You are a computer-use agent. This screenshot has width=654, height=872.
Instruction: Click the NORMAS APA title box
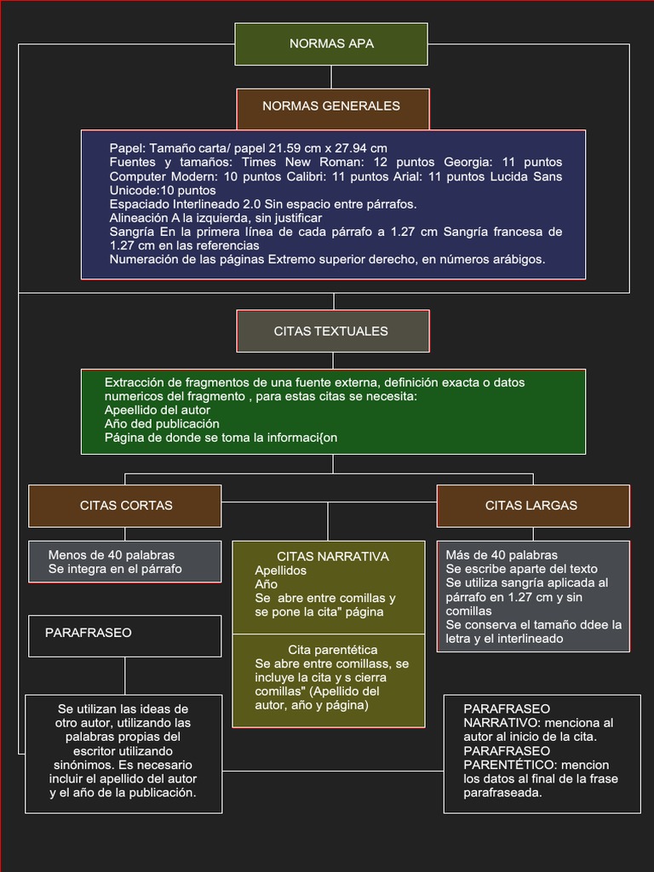click(x=331, y=44)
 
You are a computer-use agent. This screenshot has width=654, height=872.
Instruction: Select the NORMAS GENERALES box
click(x=332, y=106)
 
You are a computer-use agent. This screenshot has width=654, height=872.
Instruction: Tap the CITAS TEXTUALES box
click(x=332, y=331)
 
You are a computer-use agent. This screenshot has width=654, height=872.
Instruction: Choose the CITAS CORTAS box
click(x=125, y=506)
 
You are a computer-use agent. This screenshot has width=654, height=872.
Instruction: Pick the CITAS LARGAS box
click(x=532, y=506)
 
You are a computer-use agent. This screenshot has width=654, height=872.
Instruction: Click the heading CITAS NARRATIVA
click(x=332, y=557)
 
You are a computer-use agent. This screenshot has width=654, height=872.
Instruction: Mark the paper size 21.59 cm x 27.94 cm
click(x=328, y=148)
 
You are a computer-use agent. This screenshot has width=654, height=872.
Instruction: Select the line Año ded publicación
click(x=162, y=423)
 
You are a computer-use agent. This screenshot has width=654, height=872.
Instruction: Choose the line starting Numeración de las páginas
click(x=327, y=259)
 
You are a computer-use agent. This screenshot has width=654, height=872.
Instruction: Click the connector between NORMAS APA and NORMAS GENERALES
click(x=332, y=77)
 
